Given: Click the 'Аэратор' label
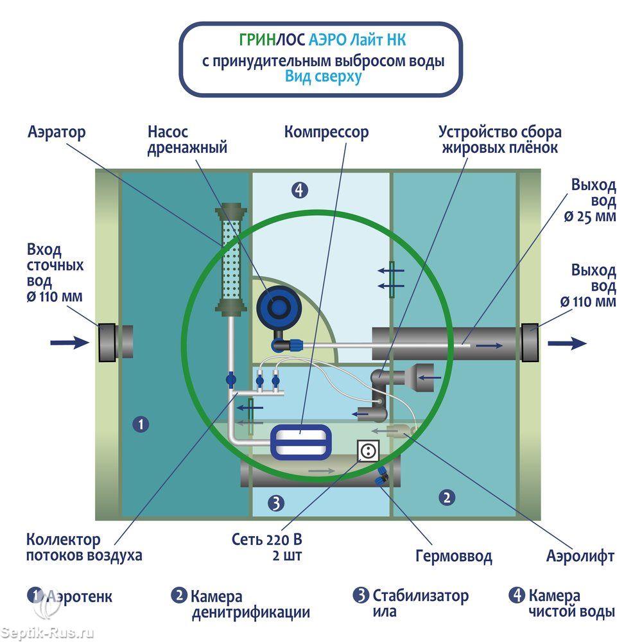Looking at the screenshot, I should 56,132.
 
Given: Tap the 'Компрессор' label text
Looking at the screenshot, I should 327,132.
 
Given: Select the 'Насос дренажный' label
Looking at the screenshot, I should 187,140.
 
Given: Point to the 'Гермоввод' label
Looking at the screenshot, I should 453,555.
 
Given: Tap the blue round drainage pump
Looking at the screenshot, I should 278,306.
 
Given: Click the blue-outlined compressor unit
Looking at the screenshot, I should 300,442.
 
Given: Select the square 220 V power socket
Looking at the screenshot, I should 368,451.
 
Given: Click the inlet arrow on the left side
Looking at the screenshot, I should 69,342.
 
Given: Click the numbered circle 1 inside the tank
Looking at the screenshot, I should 141,424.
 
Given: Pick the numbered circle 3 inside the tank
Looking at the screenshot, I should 275,503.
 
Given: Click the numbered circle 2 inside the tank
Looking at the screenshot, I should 447,496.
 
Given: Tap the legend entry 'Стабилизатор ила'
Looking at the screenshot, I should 412,603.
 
